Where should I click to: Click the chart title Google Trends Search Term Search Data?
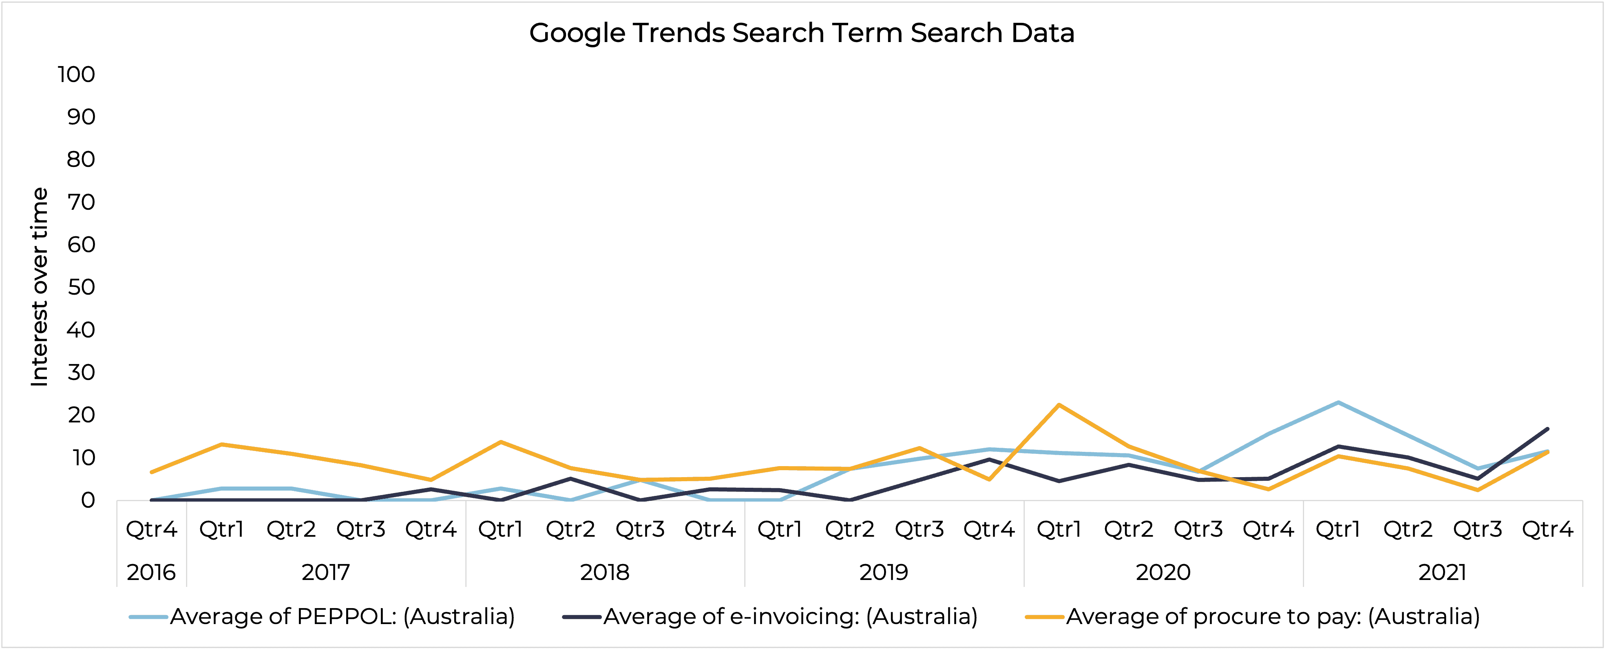(802, 33)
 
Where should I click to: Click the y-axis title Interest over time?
(39, 287)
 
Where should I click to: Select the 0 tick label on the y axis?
(87, 500)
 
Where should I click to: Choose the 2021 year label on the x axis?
(1442, 572)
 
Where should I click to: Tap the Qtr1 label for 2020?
(1059, 529)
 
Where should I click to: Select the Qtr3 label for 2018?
(640, 529)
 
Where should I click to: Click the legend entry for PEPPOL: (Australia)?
(342, 617)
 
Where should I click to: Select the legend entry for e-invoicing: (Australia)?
(790, 617)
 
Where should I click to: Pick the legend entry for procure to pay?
(1273, 617)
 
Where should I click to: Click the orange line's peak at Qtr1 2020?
(1059, 405)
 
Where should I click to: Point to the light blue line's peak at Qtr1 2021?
(1338, 402)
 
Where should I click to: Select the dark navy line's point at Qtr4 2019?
(989, 460)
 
